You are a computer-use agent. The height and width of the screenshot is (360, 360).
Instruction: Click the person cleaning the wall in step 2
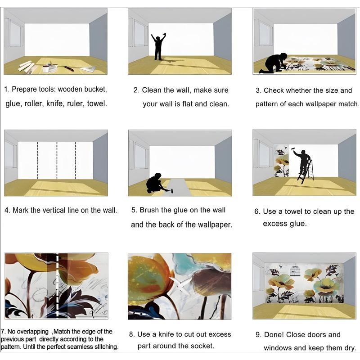(158, 47)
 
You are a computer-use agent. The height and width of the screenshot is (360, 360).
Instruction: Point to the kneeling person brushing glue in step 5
(156, 183)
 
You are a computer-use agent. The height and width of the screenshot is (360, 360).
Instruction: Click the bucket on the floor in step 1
(46, 69)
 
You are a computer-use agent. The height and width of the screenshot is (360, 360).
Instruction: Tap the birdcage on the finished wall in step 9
(294, 270)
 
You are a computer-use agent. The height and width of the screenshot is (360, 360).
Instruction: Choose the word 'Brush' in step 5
(149, 210)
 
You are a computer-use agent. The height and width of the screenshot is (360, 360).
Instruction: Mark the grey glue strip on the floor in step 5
(178, 187)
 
